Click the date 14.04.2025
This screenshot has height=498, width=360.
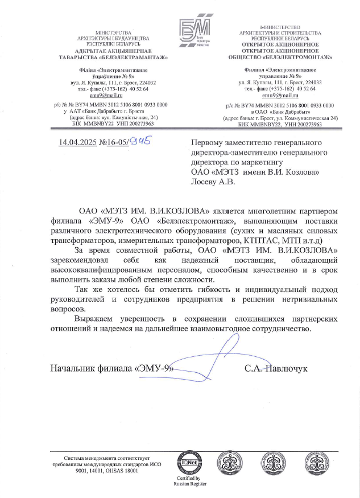pyautogui.click(x=78, y=142)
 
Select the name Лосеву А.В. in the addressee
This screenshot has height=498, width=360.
pyautogui.click(x=213, y=182)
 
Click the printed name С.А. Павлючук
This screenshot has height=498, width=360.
pyautogui.click(x=276, y=368)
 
